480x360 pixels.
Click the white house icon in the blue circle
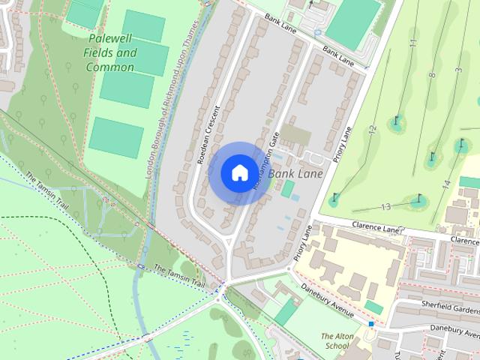tap(239, 172)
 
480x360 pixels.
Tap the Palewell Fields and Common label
tap(111, 53)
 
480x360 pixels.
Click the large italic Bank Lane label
tap(295, 174)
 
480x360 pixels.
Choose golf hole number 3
tap(457, 70)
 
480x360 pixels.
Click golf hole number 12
tap(372, 130)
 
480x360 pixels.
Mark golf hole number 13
tap(386, 206)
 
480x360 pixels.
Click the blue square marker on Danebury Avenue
tap(371, 324)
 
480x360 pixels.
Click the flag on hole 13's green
tap(419, 199)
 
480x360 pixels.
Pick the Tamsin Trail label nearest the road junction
tap(179, 274)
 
